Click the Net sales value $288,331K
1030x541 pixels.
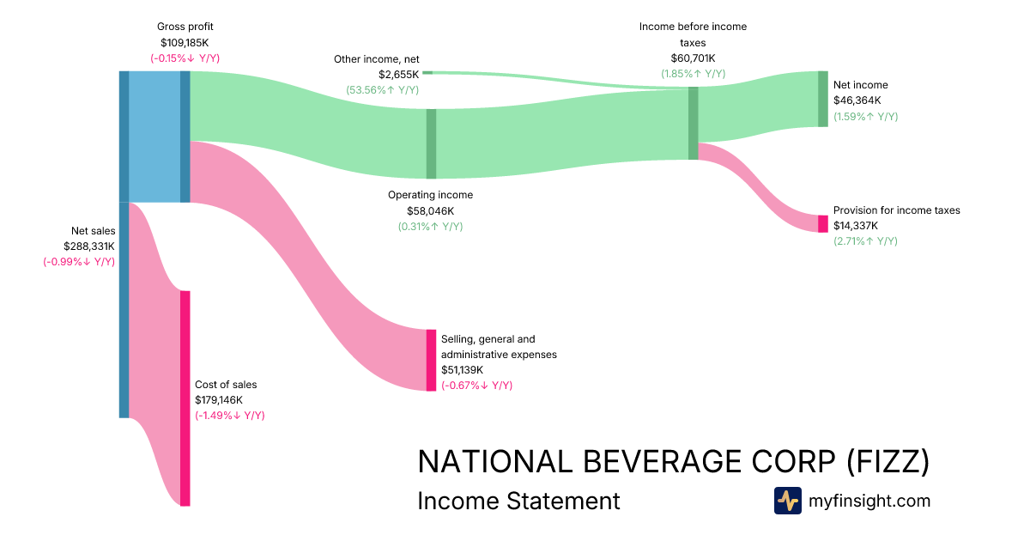(x=89, y=246)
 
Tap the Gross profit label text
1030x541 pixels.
(x=185, y=27)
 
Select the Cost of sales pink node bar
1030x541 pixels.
(x=185, y=398)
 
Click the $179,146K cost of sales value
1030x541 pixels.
(x=219, y=400)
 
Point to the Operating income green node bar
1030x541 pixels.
(x=431, y=143)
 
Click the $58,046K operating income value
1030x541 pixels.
(x=430, y=210)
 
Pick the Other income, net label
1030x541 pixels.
(x=376, y=59)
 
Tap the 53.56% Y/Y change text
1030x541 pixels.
(x=382, y=89)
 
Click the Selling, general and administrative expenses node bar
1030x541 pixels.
(x=431, y=360)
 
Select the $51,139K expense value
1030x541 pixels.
(x=462, y=370)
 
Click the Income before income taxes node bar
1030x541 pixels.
(x=693, y=123)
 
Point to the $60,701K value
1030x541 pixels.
(x=693, y=58)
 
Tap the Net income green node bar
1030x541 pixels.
(x=823, y=99)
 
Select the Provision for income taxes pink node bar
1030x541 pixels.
(x=823, y=223)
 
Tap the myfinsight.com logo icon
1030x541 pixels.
(x=787, y=501)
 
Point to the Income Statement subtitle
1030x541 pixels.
(x=518, y=501)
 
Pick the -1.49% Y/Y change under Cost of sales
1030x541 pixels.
(x=229, y=416)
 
